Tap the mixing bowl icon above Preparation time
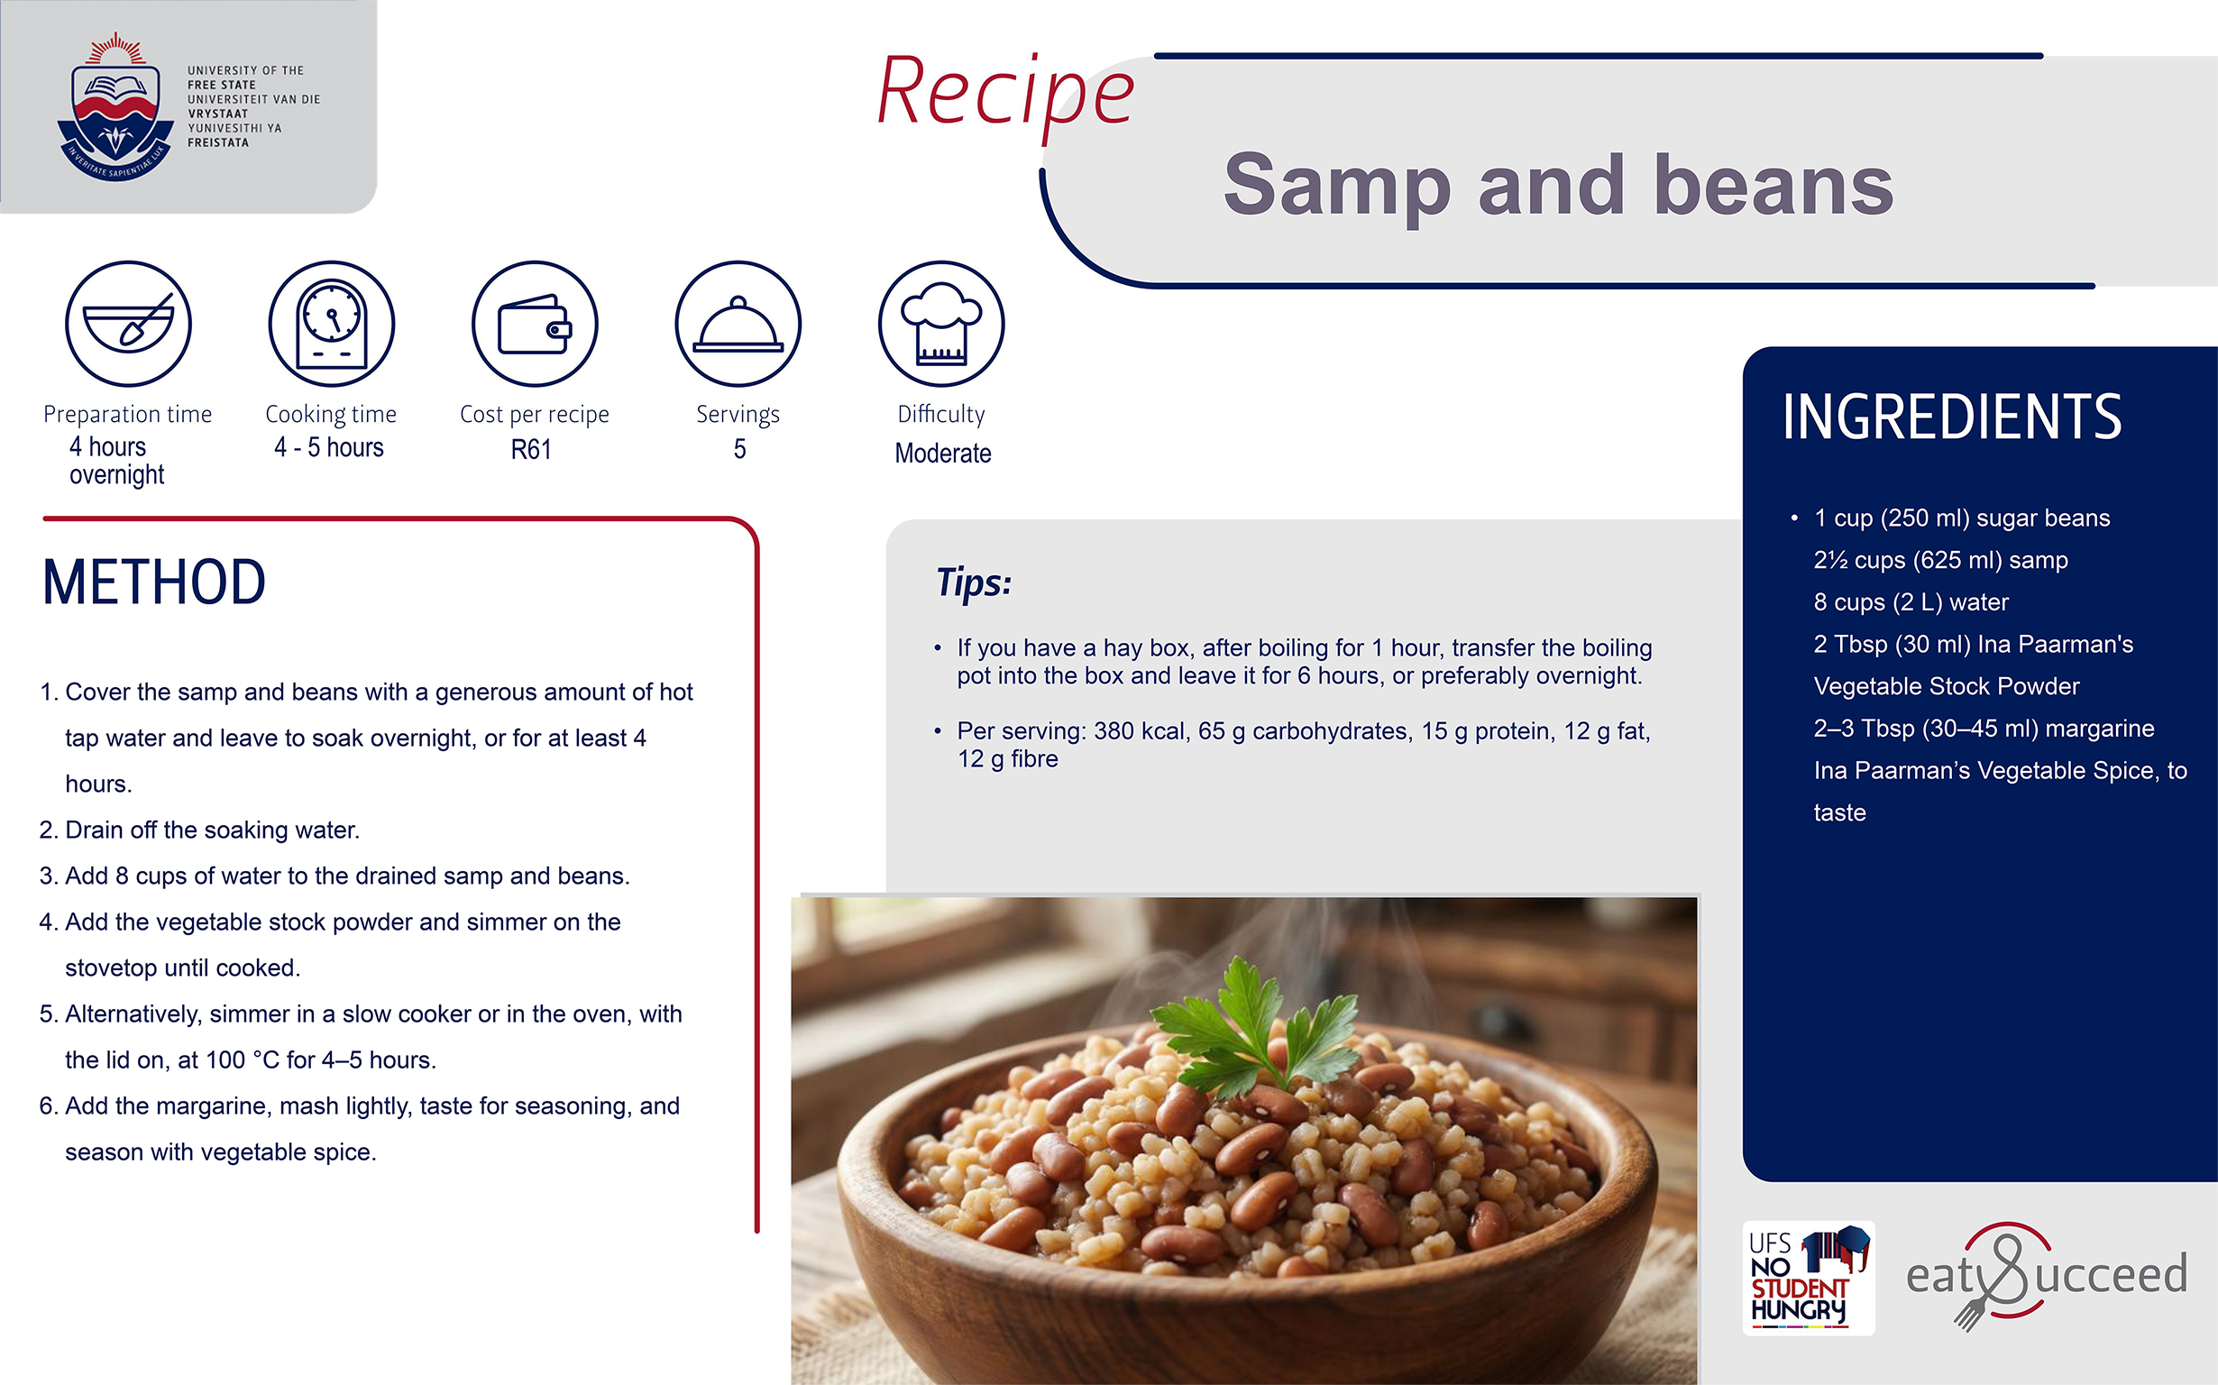(128, 324)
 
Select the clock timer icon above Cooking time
(332, 324)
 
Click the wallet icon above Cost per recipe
(535, 324)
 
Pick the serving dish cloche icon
(738, 324)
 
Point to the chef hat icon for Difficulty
(941, 324)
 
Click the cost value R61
(531, 450)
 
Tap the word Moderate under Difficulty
(943, 454)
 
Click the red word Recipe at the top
(1005, 94)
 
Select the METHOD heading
(154, 582)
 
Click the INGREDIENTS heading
(1951, 417)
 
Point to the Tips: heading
(974, 582)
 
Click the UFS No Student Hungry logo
(1809, 1278)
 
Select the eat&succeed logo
(2047, 1275)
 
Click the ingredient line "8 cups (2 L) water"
(1911, 601)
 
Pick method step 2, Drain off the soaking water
(199, 830)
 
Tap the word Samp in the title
(1338, 186)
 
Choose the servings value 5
(740, 449)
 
